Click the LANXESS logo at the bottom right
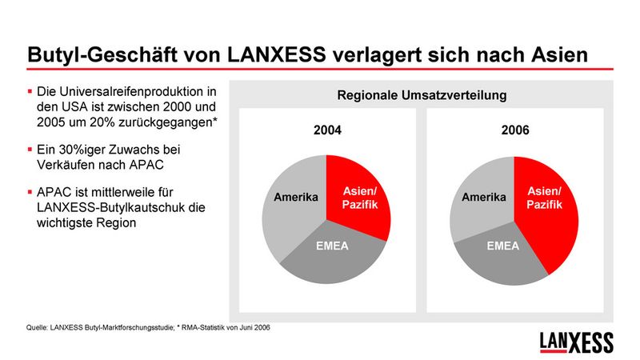coord(577,342)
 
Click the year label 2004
coord(326,130)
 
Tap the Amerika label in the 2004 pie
coord(297,198)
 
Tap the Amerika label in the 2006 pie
coord(483,197)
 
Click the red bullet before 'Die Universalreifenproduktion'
coord(30,91)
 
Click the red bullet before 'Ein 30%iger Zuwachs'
coord(30,149)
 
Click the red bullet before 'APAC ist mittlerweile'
coord(30,192)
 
